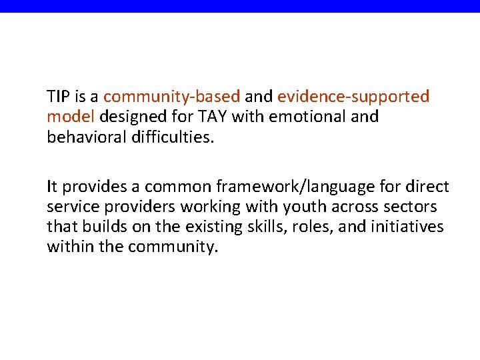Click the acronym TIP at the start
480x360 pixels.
point(58,97)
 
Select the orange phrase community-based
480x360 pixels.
point(171,97)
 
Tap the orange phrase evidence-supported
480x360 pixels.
point(353,97)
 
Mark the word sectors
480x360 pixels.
point(412,207)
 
